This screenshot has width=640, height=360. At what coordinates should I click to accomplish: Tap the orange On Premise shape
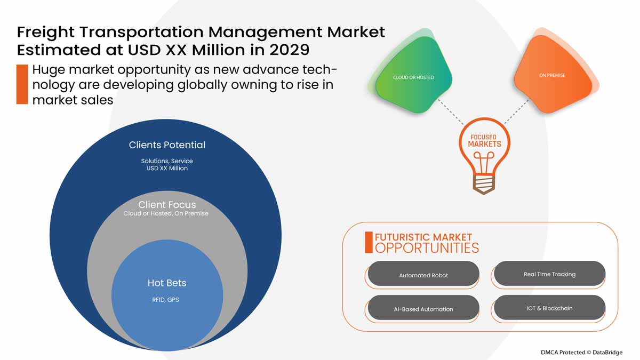point(553,75)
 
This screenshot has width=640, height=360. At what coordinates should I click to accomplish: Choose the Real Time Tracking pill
point(550,274)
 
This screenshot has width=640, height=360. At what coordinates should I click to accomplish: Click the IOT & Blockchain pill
point(550,307)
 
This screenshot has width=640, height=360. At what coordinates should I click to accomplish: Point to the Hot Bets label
point(167,283)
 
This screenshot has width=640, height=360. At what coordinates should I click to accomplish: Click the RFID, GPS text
point(165,300)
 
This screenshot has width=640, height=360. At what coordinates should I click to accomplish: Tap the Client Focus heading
point(167,205)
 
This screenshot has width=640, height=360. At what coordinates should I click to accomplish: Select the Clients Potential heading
point(167,145)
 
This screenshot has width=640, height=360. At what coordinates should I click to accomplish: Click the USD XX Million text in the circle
point(167,169)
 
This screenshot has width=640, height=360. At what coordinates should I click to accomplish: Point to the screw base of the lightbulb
point(483,185)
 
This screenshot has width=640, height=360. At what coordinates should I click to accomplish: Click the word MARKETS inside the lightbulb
point(485,144)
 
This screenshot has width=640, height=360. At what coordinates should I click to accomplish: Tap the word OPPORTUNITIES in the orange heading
point(427,248)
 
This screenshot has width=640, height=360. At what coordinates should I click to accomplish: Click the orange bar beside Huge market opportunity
point(22,84)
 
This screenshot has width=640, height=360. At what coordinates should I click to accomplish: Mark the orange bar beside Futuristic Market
point(369,242)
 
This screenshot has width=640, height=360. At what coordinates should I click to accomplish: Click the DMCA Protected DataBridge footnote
point(581,353)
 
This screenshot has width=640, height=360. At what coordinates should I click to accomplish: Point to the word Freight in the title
point(46,32)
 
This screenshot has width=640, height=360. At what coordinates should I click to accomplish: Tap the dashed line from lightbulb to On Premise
point(517,111)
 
